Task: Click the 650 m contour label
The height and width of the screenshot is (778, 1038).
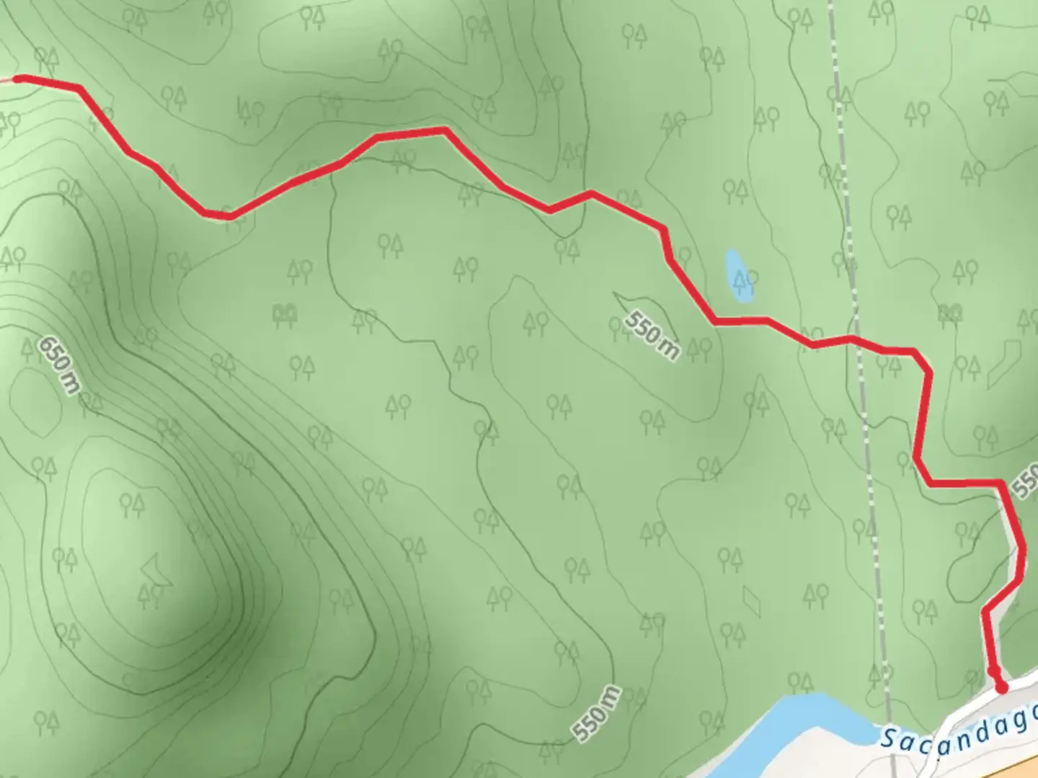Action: click(59, 365)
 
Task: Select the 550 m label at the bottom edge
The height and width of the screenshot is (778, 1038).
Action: click(597, 713)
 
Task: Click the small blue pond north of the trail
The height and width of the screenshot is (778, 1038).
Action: click(738, 275)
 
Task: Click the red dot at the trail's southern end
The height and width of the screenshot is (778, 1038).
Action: click(1001, 687)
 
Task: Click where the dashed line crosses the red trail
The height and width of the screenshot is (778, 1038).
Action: click(858, 340)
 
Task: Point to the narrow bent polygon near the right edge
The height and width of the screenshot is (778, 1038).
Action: click(1003, 364)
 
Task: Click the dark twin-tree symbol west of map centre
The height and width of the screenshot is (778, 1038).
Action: click(285, 313)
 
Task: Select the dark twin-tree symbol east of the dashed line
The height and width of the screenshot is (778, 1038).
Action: click(951, 312)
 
